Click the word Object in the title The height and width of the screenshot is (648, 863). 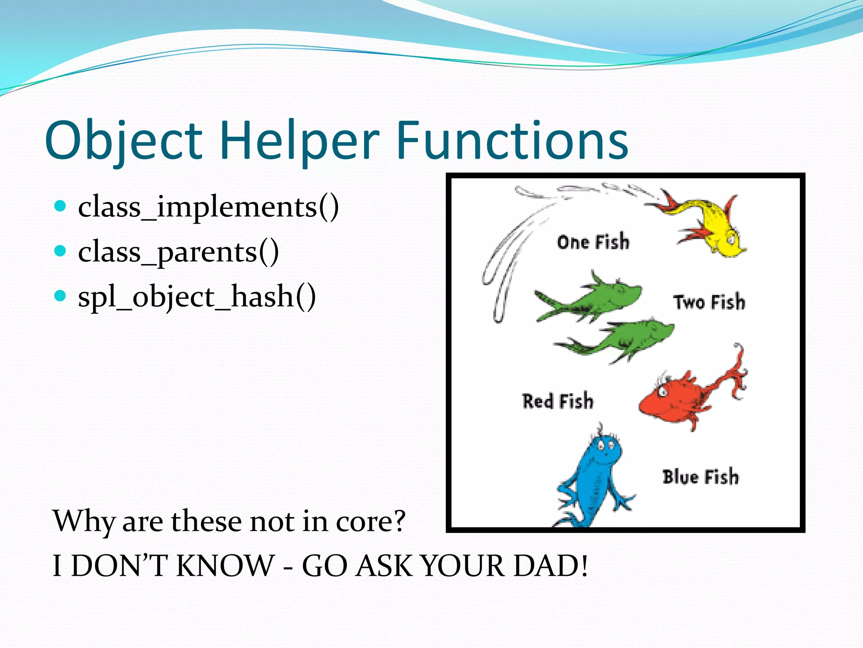(x=123, y=140)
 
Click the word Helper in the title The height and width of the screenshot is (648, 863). (x=300, y=140)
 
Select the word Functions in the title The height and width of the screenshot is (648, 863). (x=512, y=140)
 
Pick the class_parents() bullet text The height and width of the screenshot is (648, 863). (x=178, y=252)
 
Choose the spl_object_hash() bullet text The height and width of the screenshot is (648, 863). (x=197, y=297)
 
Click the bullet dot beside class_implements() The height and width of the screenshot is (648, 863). (x=61, y=206)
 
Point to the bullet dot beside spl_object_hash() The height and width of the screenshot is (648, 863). (x=61, y=296)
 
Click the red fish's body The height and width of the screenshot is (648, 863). (x=670, y=399)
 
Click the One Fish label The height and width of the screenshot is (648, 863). (x=593, y=242)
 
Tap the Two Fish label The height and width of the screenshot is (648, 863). (x=709, y=302)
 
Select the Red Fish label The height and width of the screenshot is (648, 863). (x=557, y=401)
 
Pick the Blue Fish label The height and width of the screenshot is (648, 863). (x=700, y=477)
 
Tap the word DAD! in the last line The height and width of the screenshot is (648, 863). (x=550, y=566)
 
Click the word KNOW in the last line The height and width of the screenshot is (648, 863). (x=225, y=566)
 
